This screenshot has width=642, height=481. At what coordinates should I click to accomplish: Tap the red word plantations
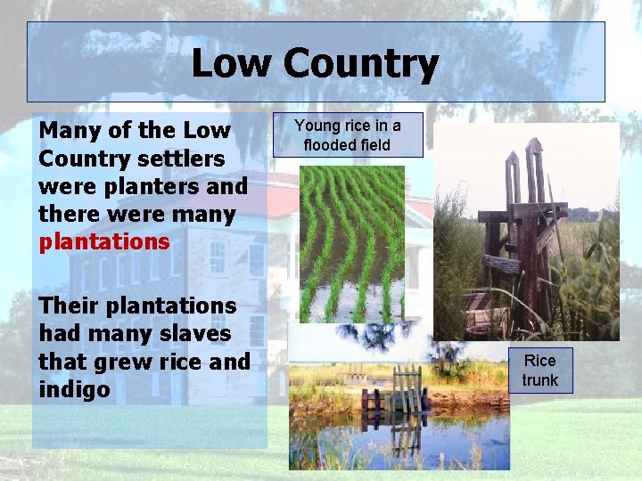coord(103,241)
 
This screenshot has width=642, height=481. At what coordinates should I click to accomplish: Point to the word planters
coord(152,186)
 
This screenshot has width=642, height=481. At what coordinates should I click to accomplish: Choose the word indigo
coord(74,389)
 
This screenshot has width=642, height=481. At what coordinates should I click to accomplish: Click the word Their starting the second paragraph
coord(68,306)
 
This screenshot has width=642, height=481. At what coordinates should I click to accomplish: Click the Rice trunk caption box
coord(539,371)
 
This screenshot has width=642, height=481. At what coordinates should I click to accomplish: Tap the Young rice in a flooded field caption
coord(347,135)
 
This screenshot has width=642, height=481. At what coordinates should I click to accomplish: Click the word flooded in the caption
coord(333,144)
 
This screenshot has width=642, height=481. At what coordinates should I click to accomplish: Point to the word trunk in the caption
coord(539,380)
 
